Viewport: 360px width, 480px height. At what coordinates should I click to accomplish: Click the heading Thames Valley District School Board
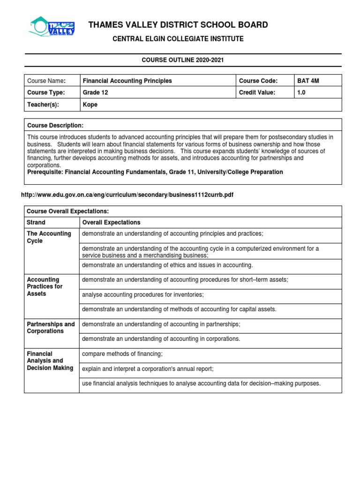point(179,25)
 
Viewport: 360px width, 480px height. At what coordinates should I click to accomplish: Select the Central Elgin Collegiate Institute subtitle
point(178,39)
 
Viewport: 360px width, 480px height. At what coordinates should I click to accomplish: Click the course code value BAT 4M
point(308,81)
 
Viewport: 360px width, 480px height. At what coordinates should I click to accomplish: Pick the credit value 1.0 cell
point(301,92)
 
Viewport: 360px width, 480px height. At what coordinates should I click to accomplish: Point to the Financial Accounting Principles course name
point(127,81)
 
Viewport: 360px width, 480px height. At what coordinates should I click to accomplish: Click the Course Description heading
point(55,125)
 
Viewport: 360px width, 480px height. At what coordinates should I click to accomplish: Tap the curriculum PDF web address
point(127,195)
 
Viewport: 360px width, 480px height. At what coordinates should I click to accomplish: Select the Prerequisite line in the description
point(155,172)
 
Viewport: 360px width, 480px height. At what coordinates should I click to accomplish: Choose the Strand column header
point(36,222)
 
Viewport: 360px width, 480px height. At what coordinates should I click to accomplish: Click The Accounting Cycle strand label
point(49,237)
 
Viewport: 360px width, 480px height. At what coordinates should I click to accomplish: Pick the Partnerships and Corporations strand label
point(51,327)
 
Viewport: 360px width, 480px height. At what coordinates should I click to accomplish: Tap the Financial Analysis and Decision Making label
point(50,360)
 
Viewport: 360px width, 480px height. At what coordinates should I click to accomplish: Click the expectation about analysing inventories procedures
point(142,294)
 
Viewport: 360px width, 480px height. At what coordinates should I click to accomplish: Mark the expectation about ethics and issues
point(167,265)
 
